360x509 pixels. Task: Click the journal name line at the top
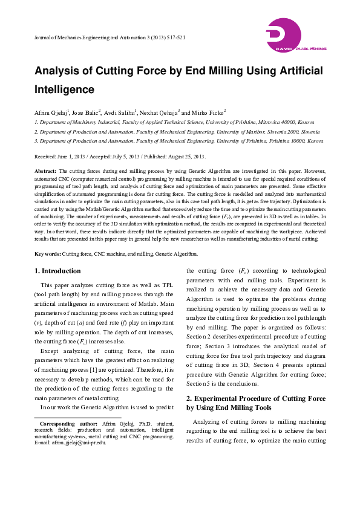[110, 37]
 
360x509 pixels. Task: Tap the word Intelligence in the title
[65, 89]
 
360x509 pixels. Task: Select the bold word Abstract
[45, 172]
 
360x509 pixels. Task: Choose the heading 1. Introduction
[57, 271]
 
